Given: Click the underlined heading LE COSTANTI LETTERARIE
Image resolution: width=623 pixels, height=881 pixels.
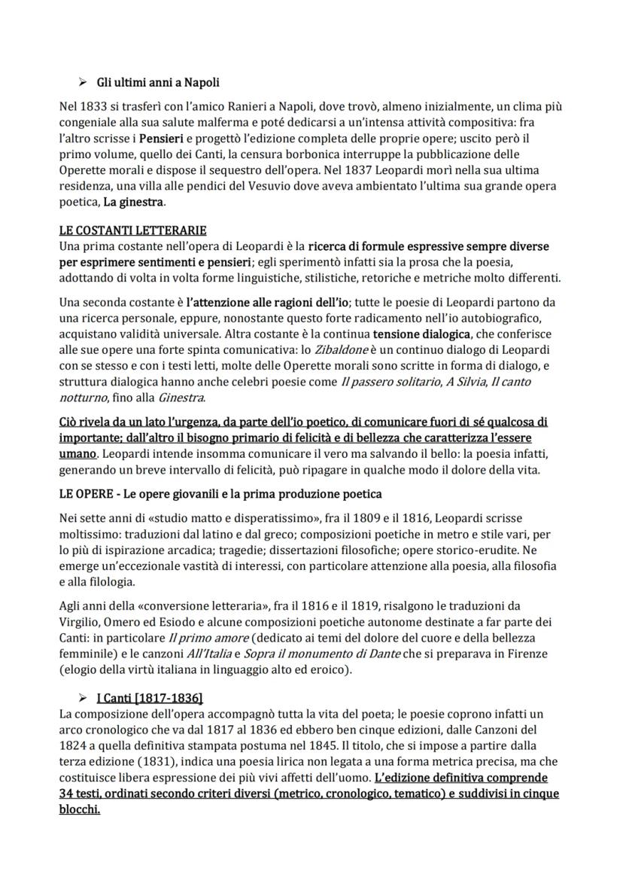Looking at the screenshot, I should [x=132, y=230].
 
